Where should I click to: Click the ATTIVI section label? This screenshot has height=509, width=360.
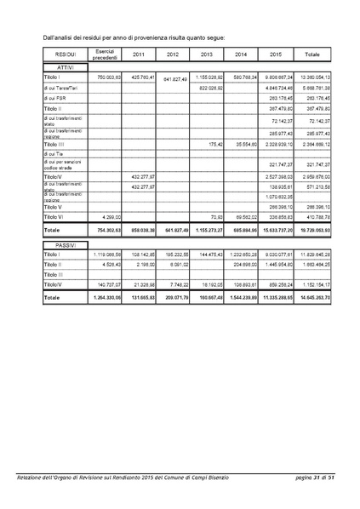click(x=59, y=66)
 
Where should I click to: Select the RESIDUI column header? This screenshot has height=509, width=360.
click(x=60, y=54)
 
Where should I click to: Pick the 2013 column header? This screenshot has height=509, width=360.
click(x=207, y=54)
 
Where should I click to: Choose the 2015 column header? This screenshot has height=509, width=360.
click(x=274, y=54)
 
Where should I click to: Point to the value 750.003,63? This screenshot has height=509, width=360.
click(x=109, y=77)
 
